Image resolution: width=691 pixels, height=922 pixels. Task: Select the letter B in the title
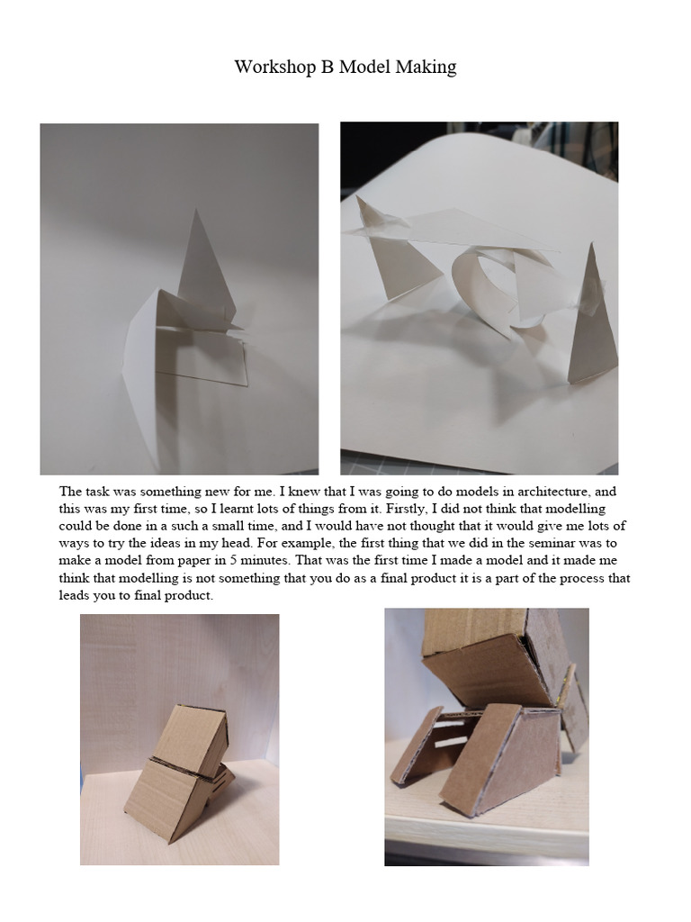[327, 67]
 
